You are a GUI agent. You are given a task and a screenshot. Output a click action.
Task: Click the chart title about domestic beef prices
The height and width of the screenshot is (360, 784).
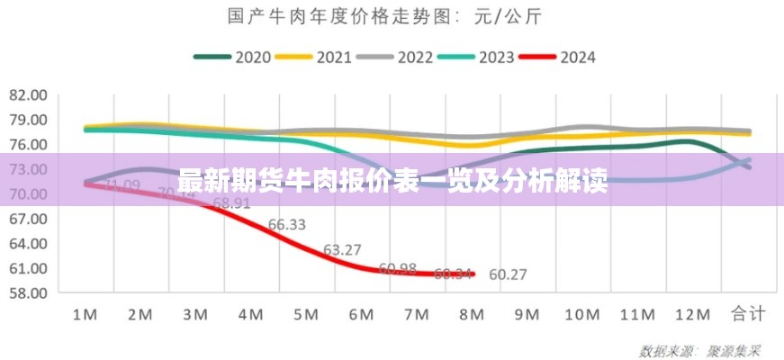click(392, 16)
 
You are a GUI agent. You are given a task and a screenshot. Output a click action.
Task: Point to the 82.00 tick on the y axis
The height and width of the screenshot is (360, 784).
click(28, 94)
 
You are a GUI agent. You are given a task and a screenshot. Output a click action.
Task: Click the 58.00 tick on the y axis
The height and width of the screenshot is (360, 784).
click(28, 292)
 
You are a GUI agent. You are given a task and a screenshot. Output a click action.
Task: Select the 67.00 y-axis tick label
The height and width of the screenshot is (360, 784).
click(28, 218)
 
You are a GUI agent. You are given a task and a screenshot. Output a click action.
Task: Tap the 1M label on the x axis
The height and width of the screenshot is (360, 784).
click(85, 314)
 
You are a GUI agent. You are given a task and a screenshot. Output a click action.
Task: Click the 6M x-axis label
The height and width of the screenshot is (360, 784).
click(361, 314)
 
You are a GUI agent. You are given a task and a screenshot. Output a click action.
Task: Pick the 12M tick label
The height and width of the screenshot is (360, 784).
click(692, 314)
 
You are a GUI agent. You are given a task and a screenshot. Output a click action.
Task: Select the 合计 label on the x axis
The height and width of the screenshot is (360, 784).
click(748, 314)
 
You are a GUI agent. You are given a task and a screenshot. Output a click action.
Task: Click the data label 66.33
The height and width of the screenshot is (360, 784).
click(286, 225)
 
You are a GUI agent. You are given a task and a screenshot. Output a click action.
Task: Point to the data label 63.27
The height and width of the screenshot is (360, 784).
click(342, 249)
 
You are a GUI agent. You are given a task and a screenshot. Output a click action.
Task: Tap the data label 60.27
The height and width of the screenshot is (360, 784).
click(508, 275)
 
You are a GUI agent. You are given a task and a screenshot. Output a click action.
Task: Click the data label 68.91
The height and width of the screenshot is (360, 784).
click(231, 203)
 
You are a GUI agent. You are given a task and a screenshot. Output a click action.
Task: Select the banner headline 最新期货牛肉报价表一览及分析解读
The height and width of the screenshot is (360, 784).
click(392, 180)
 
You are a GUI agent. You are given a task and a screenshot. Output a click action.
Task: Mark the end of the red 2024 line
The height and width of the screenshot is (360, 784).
click(472, 274)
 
